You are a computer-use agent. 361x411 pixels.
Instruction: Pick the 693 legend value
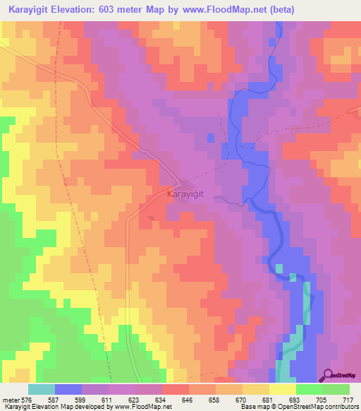click(x=295, y=400)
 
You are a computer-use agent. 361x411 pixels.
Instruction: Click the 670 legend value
click(x=241, y=400)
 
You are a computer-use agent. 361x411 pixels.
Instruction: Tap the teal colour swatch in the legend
click(x=42, y=389)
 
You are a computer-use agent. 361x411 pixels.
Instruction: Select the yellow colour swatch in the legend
click(x=282, y=389)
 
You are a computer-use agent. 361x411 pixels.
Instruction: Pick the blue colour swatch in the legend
click(x=68, y=389)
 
